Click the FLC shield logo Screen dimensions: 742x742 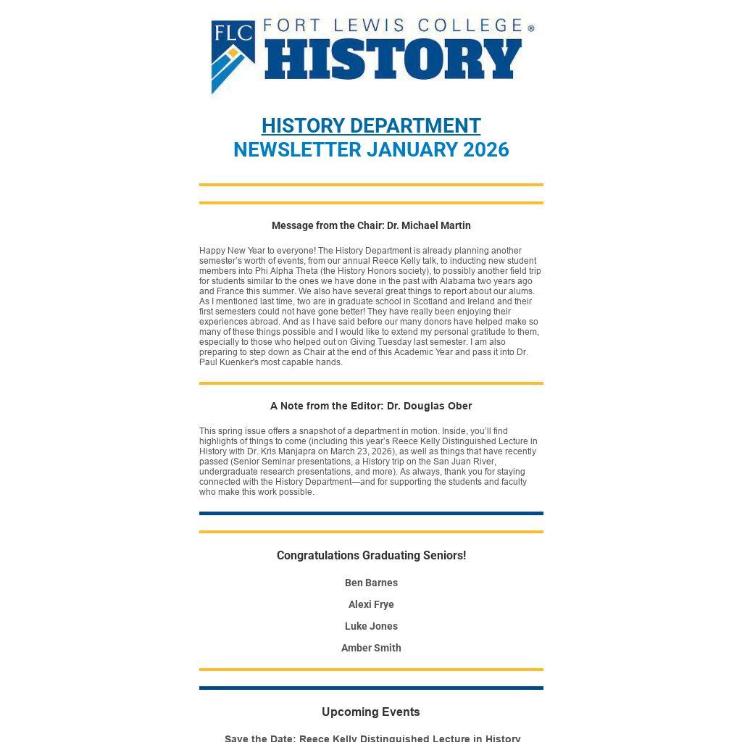point(233,57)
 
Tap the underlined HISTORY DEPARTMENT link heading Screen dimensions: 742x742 point(371,125)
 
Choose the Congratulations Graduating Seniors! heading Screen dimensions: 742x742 point(371,556)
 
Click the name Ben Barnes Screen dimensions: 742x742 point(371,583)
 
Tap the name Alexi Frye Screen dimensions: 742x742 point(371,604)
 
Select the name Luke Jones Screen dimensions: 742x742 point(371,626)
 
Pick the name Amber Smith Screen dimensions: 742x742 point(371,648)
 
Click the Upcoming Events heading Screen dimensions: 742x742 point(371,712)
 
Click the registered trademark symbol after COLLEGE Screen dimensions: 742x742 point(531,28)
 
